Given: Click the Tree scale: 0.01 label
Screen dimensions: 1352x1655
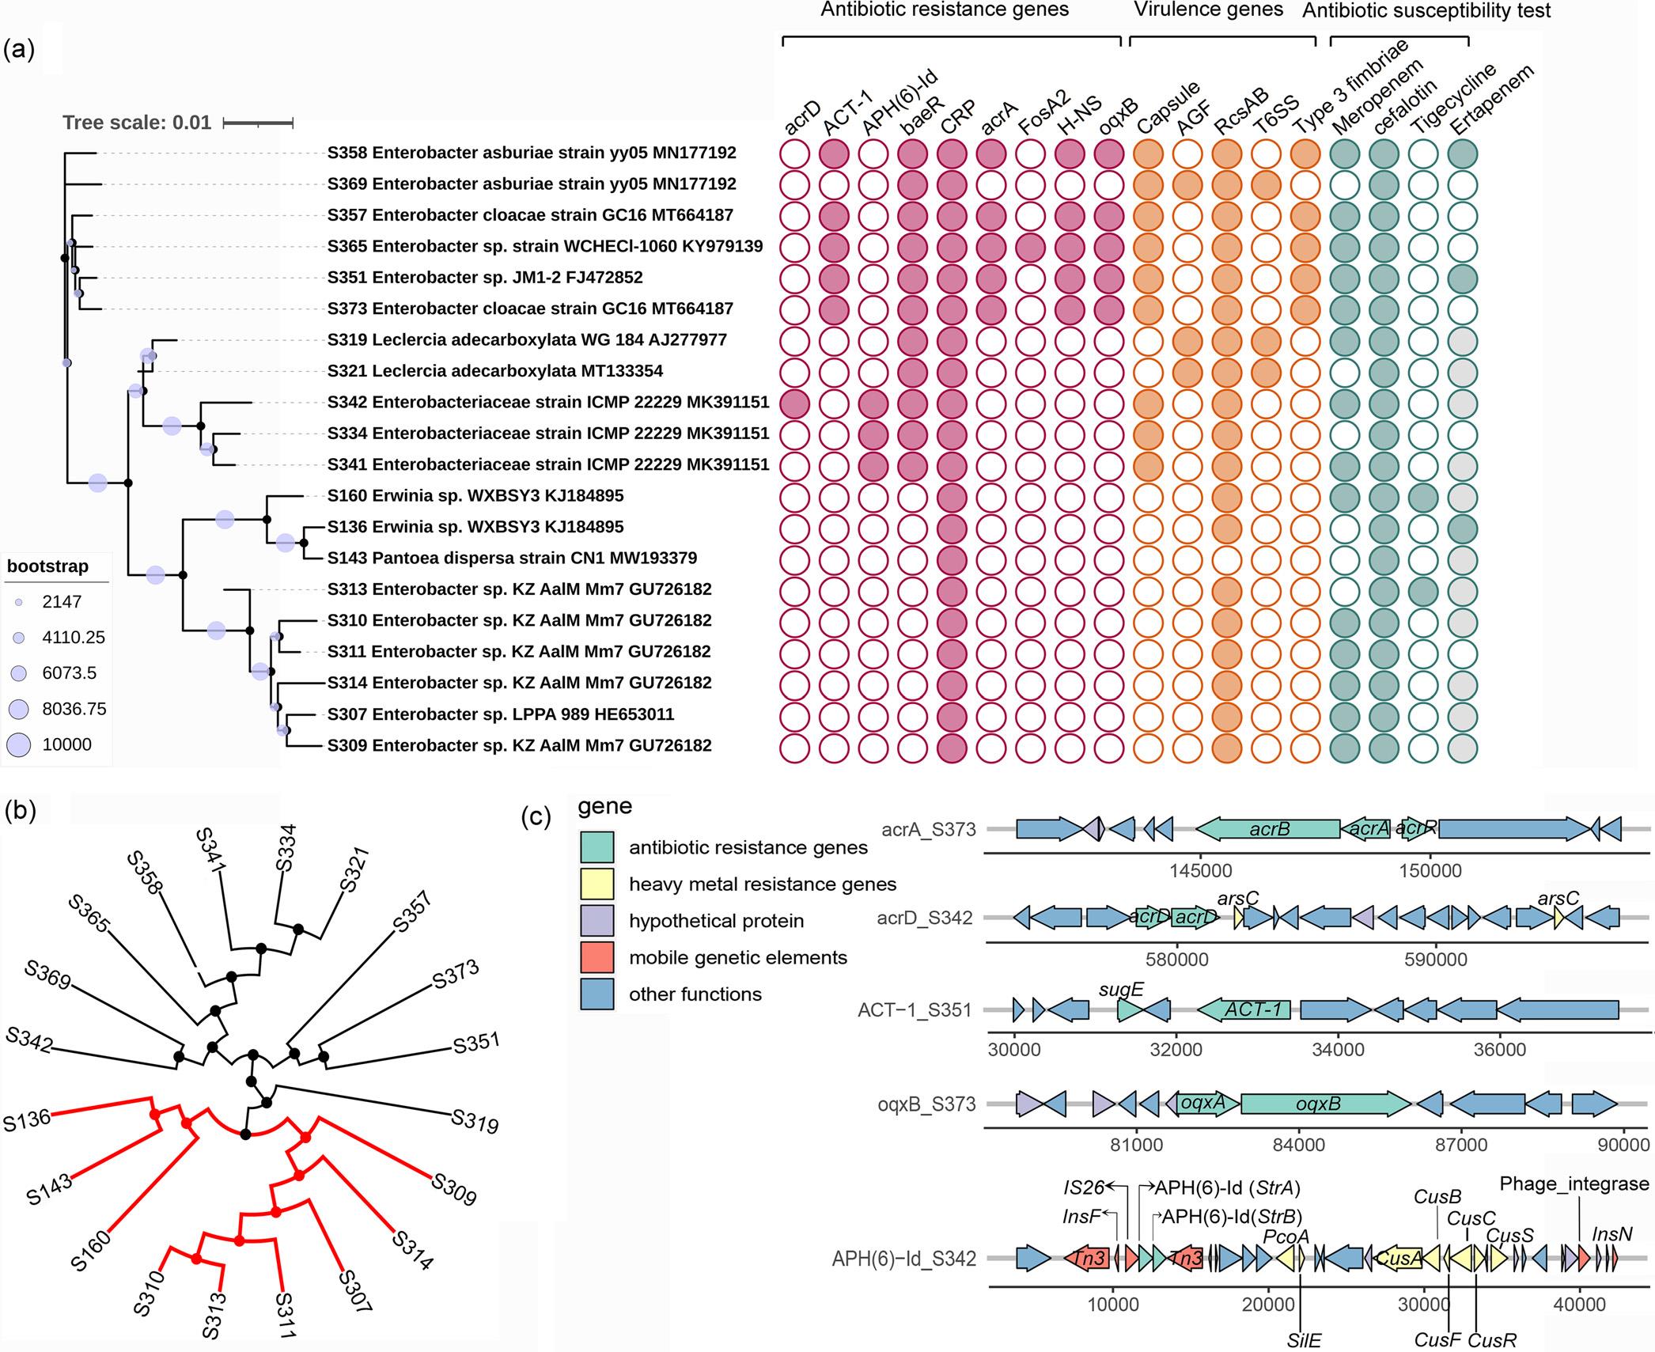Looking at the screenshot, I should click(x=137, y=123).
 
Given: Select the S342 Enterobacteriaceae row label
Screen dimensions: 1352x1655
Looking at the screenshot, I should click(x=548, y=402).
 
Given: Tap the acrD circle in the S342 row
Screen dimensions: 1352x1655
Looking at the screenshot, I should click(x=795, y=403).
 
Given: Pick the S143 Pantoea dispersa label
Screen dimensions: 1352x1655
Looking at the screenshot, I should click(x=512, y=558).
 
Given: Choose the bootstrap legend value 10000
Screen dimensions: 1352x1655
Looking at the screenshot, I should click(x=67, y=744).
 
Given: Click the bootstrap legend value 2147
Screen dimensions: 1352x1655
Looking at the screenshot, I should click(x=62, y=602).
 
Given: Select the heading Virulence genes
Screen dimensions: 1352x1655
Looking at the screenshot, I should click(x=1209, y=10).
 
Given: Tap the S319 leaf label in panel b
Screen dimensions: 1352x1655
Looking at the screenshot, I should click(x=475, y=1122).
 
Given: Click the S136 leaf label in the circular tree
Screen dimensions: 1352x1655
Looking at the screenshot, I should click(x=26, y=1121).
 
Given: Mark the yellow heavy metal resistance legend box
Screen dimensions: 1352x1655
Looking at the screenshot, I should click(x=597, y=884).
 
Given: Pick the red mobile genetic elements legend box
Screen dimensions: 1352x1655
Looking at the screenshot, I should click(x=597, y=957).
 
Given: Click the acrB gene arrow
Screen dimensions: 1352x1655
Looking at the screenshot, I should click(x=1268, y=829).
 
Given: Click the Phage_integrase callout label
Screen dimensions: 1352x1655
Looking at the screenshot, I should click(x=1574, y=1184).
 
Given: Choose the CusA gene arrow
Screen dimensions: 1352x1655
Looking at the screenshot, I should click(x=1399, y=1258).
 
